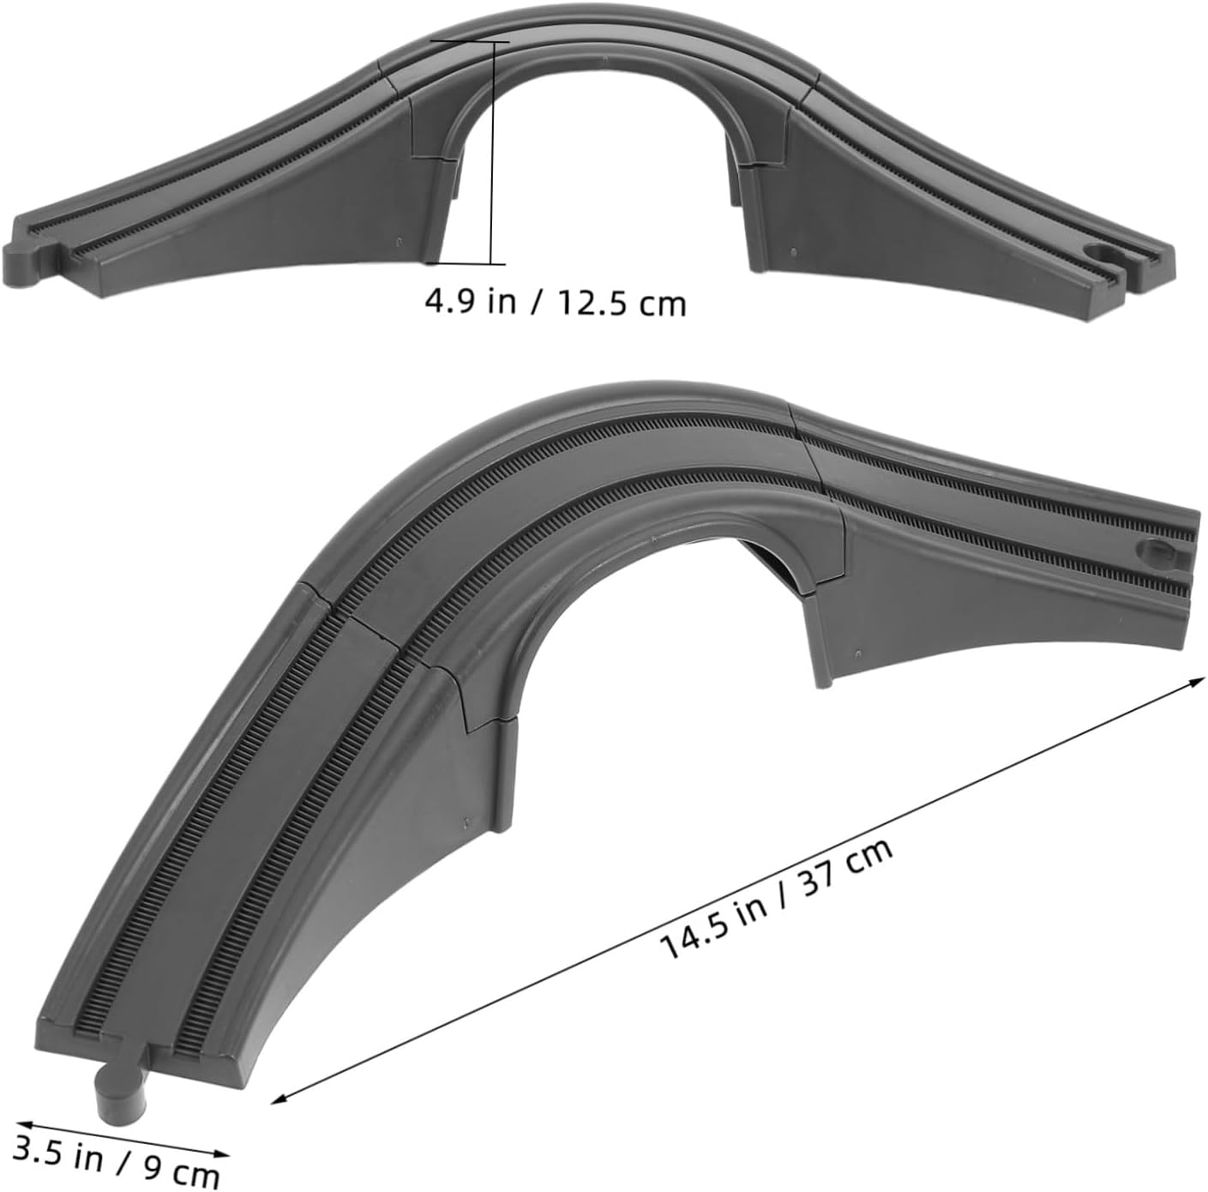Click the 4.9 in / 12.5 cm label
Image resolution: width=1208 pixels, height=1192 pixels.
coord(556,304)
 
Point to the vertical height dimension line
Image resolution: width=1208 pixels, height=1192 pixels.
coord(493,153)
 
